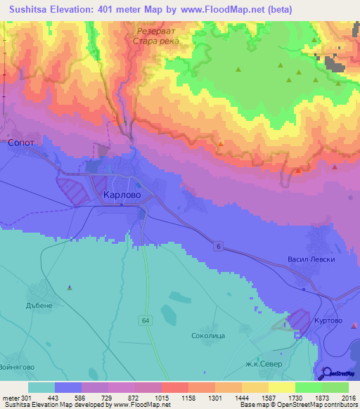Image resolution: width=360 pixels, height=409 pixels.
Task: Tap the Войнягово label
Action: click(18, 366)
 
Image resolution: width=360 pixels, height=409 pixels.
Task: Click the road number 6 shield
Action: click(219, 245)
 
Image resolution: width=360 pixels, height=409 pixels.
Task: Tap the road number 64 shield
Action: click(145, 320)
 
